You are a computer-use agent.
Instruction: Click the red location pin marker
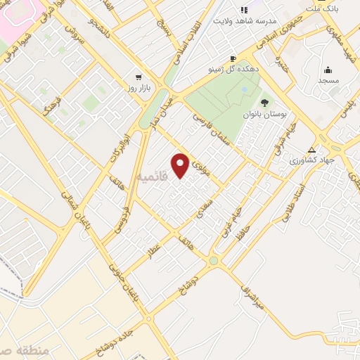click(x=181, y=165)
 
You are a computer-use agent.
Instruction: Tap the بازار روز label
click(x=139, y=87)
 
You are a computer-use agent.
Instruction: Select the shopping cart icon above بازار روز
click(x=139, y=77)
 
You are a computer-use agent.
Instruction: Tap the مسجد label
click(x=328, y=81)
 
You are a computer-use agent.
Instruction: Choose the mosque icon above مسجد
click(x=328, y=70)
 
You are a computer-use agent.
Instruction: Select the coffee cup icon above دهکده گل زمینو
click(x=233, y=59)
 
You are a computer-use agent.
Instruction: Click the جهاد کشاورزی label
click(x=313, y=160)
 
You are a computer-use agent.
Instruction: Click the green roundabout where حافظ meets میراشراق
click(x=213, y=261)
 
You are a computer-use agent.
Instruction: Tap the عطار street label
click(x=153, y=251)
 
